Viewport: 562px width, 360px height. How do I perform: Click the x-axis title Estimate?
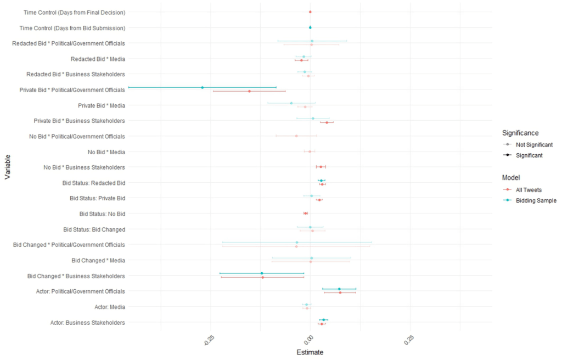tap(310, 352)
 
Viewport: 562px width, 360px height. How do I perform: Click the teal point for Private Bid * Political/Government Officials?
tap(203, 87)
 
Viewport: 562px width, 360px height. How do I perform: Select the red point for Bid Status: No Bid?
tap(306, 213)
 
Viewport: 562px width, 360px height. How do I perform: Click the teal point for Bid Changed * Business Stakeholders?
tap(262, 273)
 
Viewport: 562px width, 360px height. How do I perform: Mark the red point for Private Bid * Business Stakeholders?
tap(327, 122)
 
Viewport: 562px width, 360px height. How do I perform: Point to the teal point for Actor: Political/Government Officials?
tap(339, 289)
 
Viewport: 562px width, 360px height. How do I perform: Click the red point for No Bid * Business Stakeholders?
tap(321, 167)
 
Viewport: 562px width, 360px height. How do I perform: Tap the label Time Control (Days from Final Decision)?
tap(75, 12)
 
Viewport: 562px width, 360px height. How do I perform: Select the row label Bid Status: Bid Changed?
tap(94, 229)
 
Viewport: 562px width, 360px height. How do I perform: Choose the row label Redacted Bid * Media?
tap(98, 59)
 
